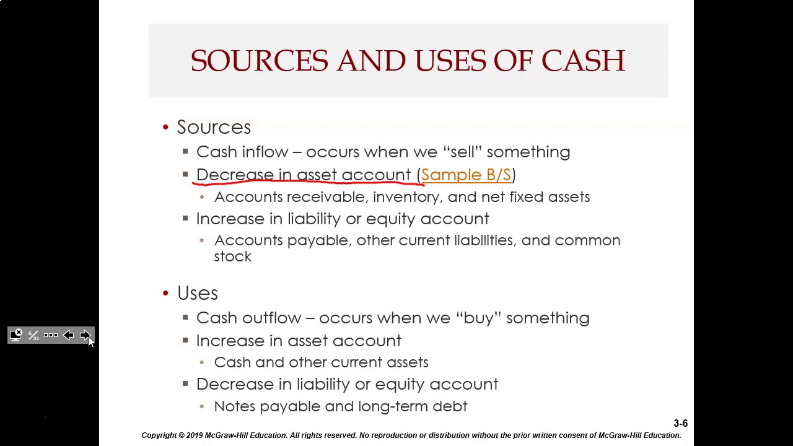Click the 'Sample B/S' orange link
click(466, 175)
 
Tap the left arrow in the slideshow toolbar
click(68, 335)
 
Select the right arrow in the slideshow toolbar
click(85, 335)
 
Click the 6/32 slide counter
click(33, 335)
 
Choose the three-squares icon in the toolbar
click(51, 335)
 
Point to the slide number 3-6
click(680, 424)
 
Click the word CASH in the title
click(583, 61)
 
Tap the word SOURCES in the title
click(259, 61)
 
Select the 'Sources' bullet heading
click(214, 127)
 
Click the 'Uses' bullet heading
click(198, 293)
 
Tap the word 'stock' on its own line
click(233, 256)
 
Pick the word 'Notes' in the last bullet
click(234, 406)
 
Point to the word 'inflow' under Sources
click(265, 152)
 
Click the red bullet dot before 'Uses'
click(165, 293)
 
